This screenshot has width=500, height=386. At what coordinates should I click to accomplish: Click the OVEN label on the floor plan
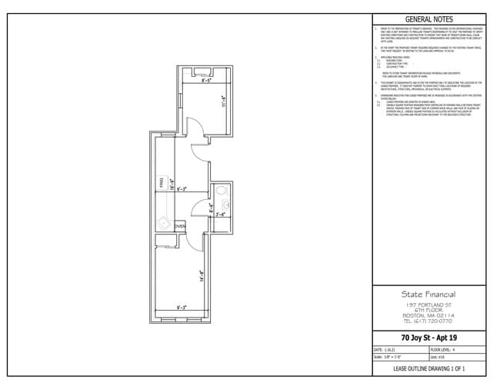pyautogui.click(x=180, y=227)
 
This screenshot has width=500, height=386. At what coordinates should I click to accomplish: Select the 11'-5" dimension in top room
pyautogui.click(x=223, y=100)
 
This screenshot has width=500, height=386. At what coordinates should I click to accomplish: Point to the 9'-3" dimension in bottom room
pyautogui.click(x=182, y=308)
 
